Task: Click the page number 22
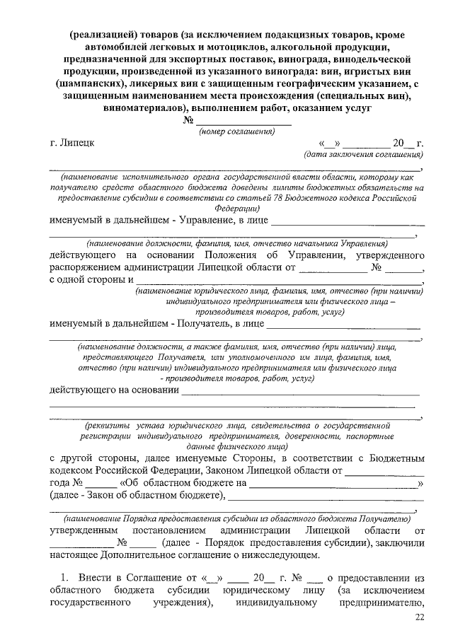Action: pos(420,619)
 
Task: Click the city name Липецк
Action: pos(76,143)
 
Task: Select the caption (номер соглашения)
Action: pos(236,132)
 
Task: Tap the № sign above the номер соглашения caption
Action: pos(189,121)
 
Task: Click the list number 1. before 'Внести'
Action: pos(64,577)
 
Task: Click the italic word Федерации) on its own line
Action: pos(236,209)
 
